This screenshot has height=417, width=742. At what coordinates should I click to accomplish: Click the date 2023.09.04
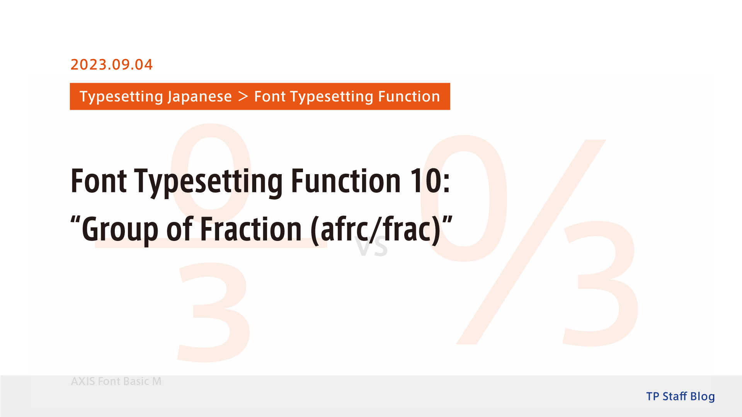111,64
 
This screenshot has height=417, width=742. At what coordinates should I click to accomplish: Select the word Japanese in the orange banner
199,97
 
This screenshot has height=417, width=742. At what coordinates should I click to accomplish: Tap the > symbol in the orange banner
243,96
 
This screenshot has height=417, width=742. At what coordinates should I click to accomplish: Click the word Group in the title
120,230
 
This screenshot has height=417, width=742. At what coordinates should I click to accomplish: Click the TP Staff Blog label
680,397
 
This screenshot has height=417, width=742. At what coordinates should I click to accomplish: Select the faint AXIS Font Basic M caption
116,381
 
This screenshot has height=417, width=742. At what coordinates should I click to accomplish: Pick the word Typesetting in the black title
209,181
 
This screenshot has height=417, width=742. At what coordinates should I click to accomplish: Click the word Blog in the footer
702,397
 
